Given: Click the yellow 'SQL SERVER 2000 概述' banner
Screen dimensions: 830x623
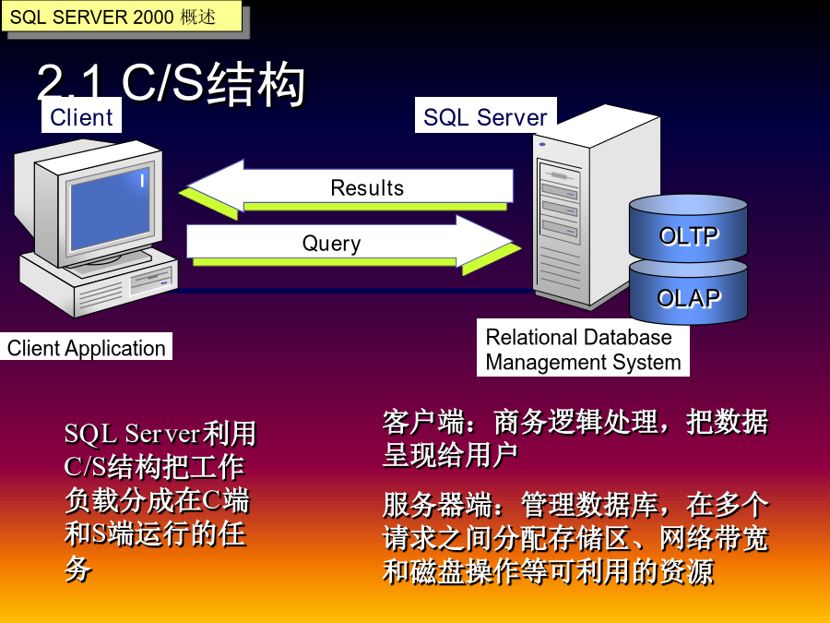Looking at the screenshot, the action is (x=122, y=17).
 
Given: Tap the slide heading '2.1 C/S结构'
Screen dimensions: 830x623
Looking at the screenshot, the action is (x=171, y=83).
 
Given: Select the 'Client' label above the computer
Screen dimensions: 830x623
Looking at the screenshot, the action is (x=81, y=116).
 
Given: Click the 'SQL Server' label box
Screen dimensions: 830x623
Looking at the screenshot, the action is (x=485, y=116).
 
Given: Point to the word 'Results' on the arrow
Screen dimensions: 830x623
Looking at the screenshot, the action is (x=367, y=188).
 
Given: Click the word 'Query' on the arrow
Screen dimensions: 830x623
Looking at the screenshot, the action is (x=331, y=244).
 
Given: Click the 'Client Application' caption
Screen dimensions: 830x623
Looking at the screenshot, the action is (x=87, y=347).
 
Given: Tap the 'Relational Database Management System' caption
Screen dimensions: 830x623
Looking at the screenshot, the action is (x=583, y=349).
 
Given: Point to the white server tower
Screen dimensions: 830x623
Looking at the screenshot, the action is (x=596, y=207).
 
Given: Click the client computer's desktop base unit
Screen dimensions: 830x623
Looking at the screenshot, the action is (x=99, y=283).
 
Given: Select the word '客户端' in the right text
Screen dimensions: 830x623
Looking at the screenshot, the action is (x=423, y=422).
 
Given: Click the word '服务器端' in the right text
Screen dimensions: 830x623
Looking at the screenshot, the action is (x=437, y=504).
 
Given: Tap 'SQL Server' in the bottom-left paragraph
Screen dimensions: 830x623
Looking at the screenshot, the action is (x=132, y=434).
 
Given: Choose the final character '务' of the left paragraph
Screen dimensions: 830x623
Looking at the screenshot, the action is (x=77, y=569).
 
